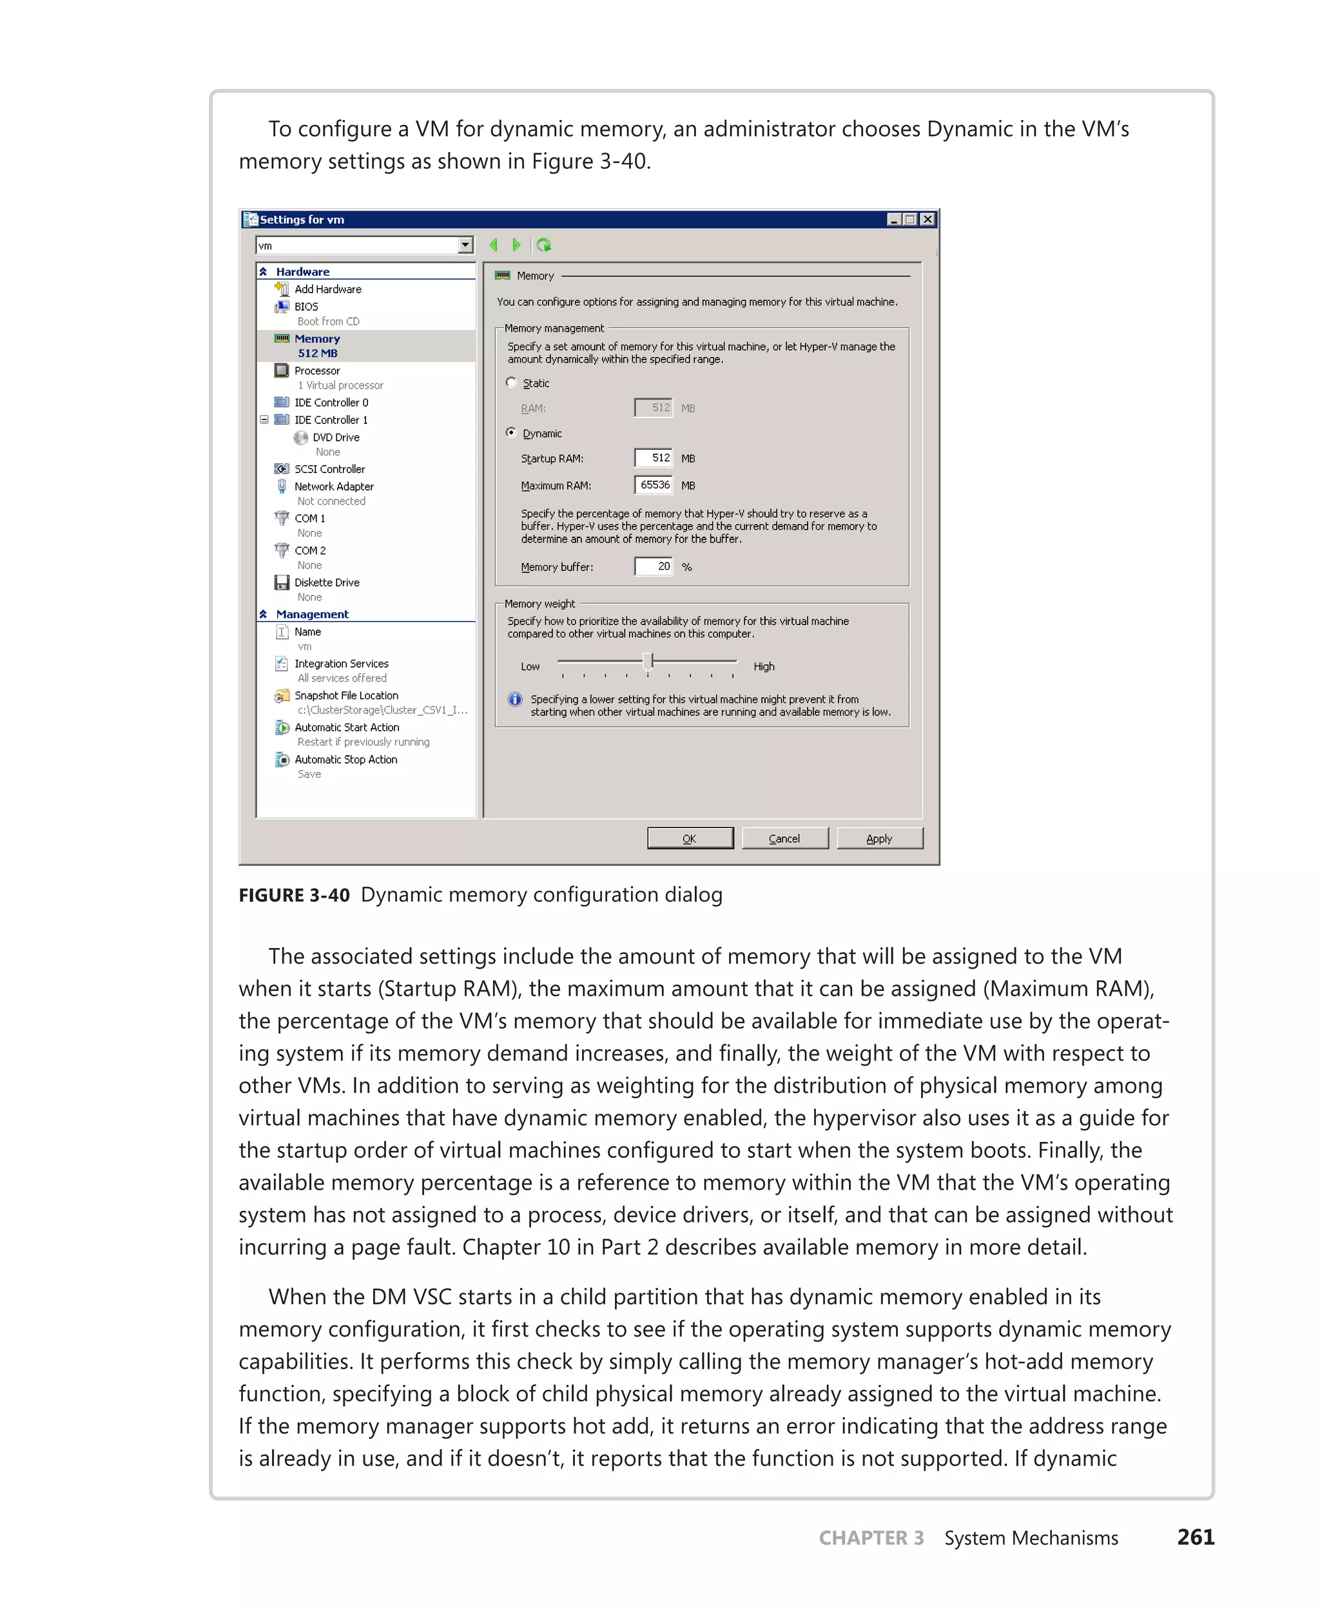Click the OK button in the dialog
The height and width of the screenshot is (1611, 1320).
[690, 838]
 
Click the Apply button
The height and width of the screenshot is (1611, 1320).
[879, 838]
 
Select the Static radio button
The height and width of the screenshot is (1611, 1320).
[512, 382]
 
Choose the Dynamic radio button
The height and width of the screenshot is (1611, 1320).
[512, 432]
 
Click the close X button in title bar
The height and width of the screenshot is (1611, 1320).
[927, 219]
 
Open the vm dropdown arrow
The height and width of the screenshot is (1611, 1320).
[465, 245]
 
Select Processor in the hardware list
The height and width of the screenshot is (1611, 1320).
[317, 371]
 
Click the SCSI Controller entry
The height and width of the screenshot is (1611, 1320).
[329, 469]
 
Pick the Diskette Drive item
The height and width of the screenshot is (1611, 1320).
[327, 583]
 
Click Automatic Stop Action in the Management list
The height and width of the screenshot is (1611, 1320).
[346, 760]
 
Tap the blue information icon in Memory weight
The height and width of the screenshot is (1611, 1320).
[516, 699]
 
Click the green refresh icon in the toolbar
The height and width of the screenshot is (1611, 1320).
[544, 245]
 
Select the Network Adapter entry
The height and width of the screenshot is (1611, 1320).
[334, 487]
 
